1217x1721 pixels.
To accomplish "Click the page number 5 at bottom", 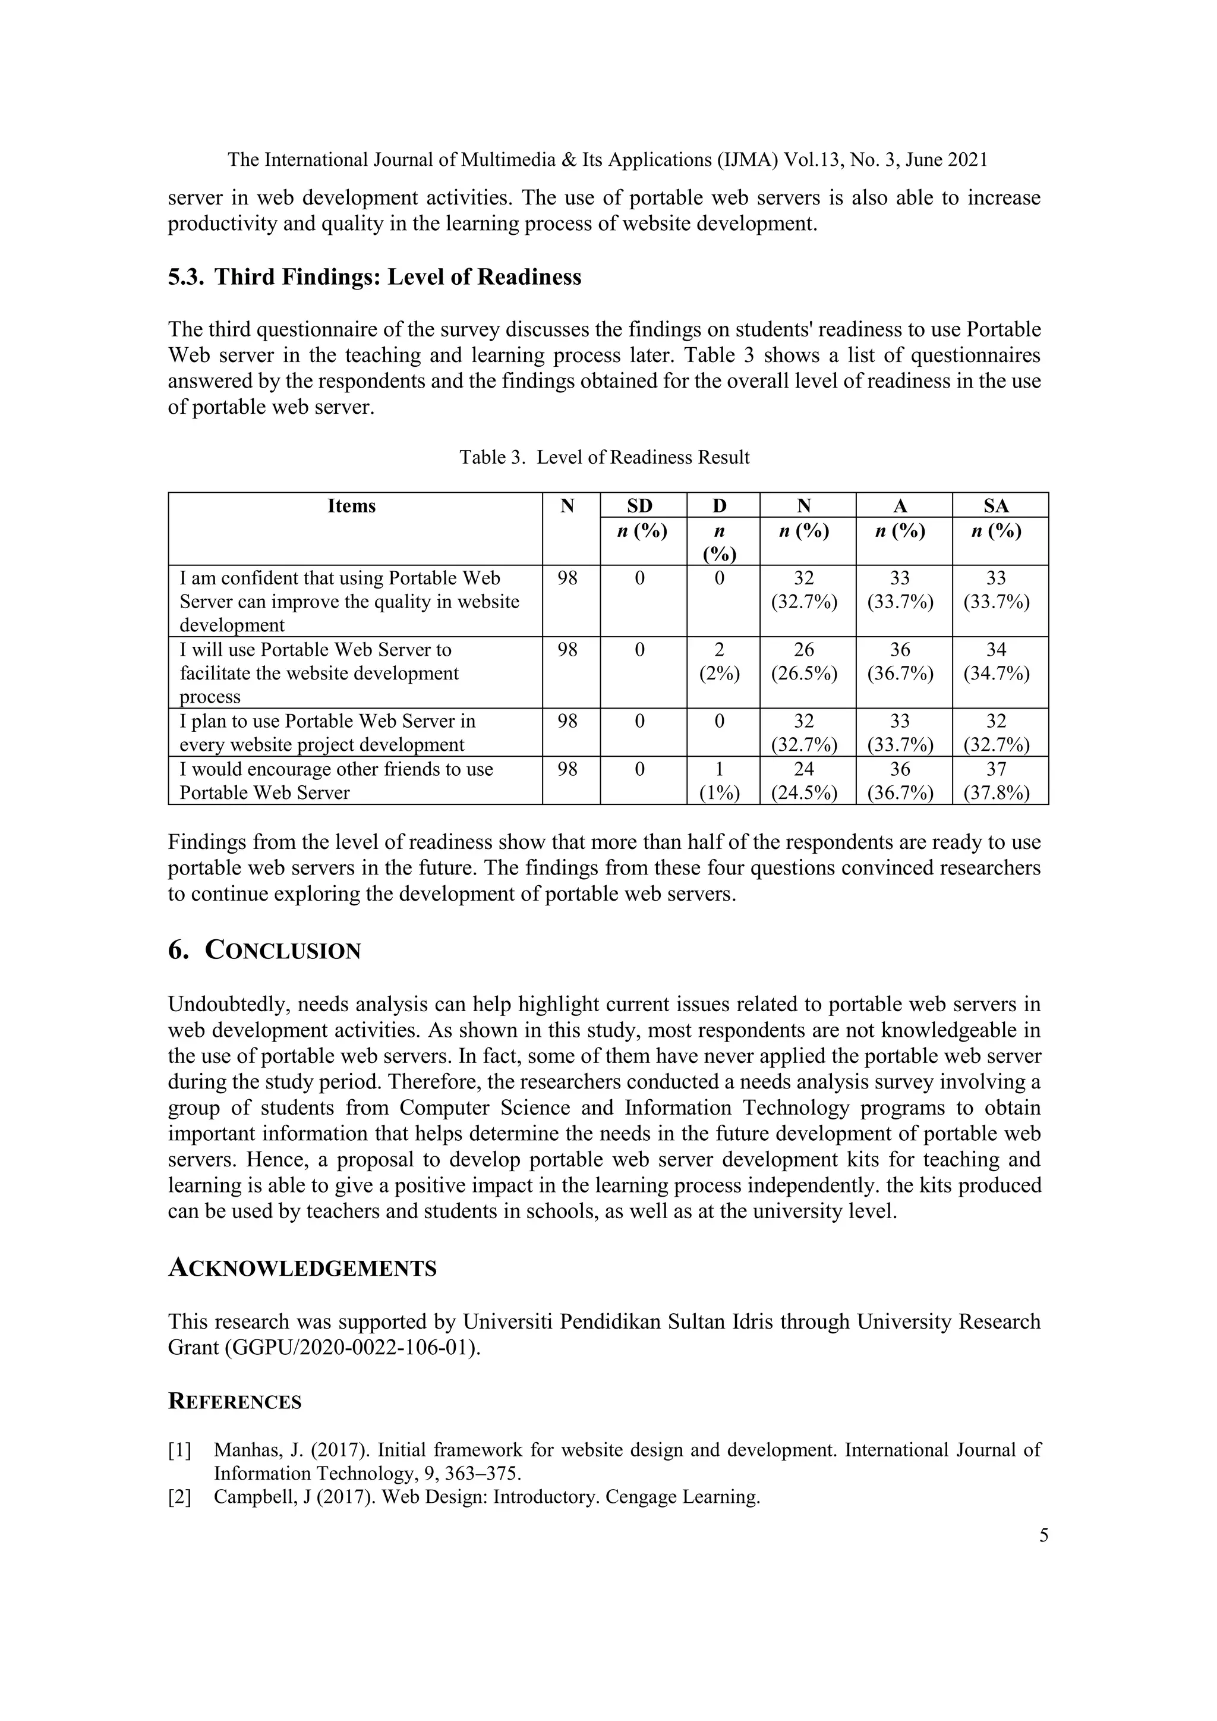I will pyautogui.click(x=1043, y=1535).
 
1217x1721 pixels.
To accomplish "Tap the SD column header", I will pyautogui.click(x=639, y=506).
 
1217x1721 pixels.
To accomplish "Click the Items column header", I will pyautogui.click(x=351, y=506).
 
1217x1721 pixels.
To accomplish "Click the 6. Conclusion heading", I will pyautogui.click(x=264, y=951).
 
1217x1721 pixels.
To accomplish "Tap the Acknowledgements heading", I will pyautogui.click(x=302, y=1268).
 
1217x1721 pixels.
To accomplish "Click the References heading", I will pyautogui.click(x=235, y=1402).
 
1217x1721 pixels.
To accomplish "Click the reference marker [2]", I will pyautogui.click(x=180, y=1497).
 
